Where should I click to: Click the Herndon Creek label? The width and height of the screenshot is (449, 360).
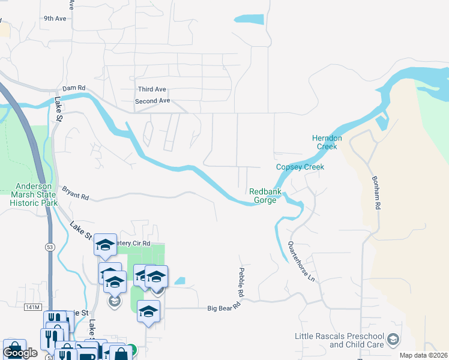(327, 142)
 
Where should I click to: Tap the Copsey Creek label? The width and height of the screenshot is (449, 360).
(300, 167)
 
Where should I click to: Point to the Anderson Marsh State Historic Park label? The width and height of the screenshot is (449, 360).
(34, 194)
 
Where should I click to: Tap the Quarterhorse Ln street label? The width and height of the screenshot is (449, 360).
(301, 262)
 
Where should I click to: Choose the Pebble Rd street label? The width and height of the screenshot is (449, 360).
(241, 283)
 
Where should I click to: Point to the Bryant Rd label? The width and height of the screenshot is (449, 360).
(75, 193)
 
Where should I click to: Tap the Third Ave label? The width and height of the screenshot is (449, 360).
(152, 89)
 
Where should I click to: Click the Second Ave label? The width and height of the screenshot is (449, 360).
(152, 101)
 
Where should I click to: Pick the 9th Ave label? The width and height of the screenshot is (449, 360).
(55, 19)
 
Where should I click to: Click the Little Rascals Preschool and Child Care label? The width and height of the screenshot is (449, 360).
(339, 340)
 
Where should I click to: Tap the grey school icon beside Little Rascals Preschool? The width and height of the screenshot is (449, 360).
(393, 340)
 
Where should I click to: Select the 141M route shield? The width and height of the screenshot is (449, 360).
(33, 307)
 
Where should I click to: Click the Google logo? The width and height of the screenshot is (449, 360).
(20, 353)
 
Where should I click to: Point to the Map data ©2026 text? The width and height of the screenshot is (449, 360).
(423, 355)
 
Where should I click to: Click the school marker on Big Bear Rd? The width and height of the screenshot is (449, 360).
(148, 311)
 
